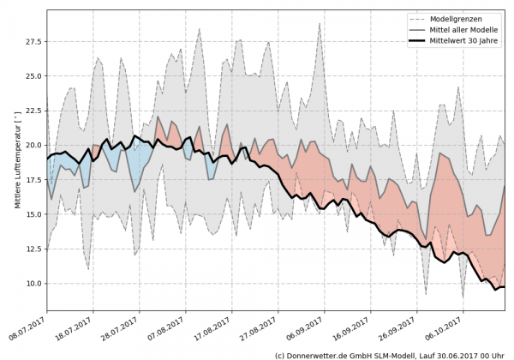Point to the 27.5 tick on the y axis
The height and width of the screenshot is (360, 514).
[x=33, y=41]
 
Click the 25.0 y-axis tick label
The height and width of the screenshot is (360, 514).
[x=33, y=75]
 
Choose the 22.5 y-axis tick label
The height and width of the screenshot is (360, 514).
[x=33, y=111]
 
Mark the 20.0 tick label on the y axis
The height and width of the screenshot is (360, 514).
[x=33, y=145]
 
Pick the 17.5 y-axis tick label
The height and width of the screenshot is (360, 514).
[x=33, y=179]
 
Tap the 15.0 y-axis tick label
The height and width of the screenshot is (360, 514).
[x=33, y=214]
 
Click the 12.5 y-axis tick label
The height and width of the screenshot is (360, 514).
[x=33, y=249]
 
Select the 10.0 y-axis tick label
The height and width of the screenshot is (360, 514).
[x=33, y=283]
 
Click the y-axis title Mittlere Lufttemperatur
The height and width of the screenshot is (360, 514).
[x=17, y=159]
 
